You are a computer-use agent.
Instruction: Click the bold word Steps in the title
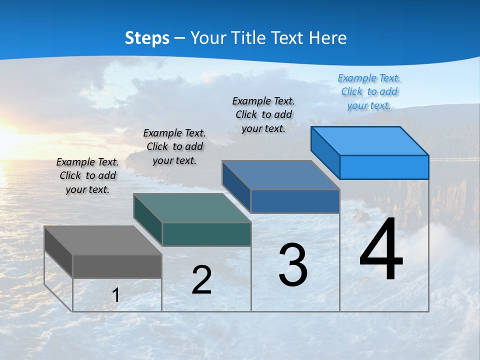pyautogui.click(x=147, y=38)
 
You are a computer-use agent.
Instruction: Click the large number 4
pyautogui.click(x=381, y=250)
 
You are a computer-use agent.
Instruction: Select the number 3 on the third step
pyautogui.click(x=293, y=265)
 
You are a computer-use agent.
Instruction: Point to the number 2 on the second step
pyautogui.click(x=201, y=280)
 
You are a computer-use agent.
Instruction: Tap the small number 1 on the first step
pyautogui.click(x=116, y=295)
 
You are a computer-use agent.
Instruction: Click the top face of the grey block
pyautogui.click(x=102, y=240)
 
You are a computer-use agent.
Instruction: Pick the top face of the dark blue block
pyautogui.click(x=280, y=175)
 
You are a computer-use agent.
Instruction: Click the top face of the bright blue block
pyautogui.click(x=369, y=141)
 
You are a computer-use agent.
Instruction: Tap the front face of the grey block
pyautogui.click(x=117, y=266)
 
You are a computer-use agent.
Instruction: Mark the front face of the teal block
pyautogui.click(x=206, y=234)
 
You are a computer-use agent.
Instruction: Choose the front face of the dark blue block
pyautogui.click(x=295, y=201)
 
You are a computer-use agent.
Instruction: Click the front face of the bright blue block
pyautogui.click(x=384, y=167)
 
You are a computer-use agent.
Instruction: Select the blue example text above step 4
pyautogui.click(x=369, y=91)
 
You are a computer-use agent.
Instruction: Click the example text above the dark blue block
pyautogui.click(x=263, y=114)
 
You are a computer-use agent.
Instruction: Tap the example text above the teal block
pyautogui.click(x=174, y=146)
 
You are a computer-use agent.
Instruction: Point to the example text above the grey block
pyautogui.click(x=87, y=175)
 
